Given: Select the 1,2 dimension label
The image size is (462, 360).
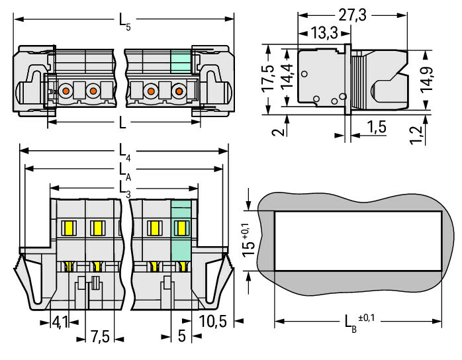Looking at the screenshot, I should (x=415, y=135).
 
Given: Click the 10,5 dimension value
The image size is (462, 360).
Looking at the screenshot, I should (x=212, y=322).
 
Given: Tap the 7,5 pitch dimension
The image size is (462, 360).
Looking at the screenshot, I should (x=100, y=337).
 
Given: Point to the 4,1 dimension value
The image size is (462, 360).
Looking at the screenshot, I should (x=60, y=322).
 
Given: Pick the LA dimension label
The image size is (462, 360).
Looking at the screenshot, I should (x=124, y=171).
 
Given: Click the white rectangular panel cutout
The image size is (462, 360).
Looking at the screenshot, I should (x=358, y=241).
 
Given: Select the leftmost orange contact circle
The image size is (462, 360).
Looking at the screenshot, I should (x=66, y=91).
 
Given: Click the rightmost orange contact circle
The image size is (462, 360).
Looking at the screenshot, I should (x=178, y=91).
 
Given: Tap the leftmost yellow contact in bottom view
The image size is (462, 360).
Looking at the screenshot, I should (x=67, y=228).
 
